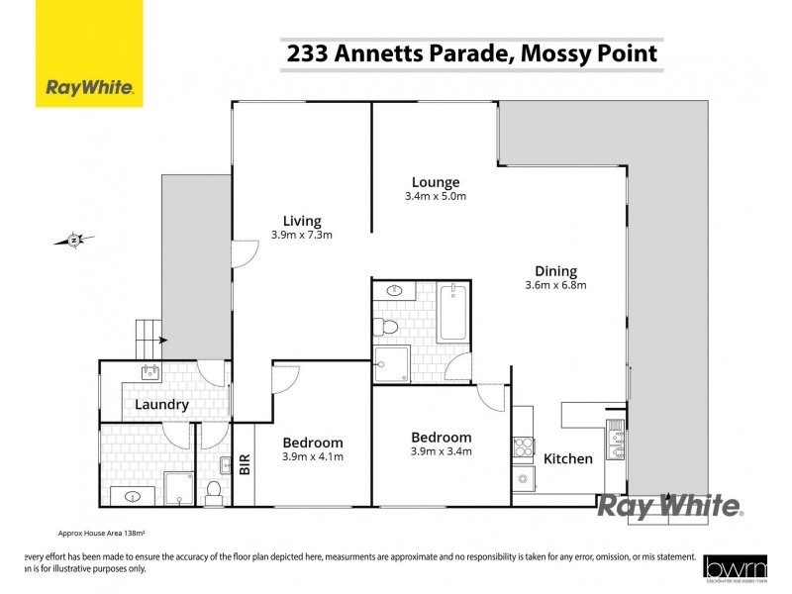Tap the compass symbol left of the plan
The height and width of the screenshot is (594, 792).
(74, 239)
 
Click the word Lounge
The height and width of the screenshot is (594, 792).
(436, 182)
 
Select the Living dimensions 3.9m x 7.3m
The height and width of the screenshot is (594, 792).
(301, 236)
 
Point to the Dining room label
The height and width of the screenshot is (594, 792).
(555, 271)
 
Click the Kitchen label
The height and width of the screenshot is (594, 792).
(568, 458)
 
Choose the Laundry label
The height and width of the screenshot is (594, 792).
(161, 405)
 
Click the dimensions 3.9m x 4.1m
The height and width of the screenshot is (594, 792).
(313, 457)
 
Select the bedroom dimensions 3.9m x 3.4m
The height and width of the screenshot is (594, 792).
(441, 451)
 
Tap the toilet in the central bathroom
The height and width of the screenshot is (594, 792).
(388, 326)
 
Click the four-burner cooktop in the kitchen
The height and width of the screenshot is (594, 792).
(523, 446)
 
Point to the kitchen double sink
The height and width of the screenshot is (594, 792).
(615, 442)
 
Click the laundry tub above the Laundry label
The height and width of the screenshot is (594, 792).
(151, 373)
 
